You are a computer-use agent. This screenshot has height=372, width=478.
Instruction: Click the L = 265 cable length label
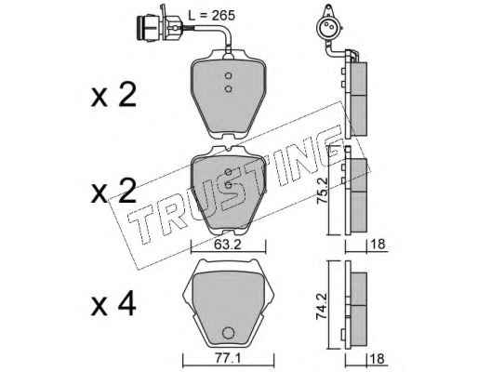tap(212, 15)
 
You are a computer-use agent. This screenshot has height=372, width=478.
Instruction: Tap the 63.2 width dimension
tap(228, 245)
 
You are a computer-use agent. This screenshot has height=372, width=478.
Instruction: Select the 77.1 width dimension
tap(228, 360)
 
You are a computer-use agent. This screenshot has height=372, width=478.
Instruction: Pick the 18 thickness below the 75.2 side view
tap(378, 245)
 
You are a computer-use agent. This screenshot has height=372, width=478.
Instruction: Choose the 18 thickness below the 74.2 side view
tap(378, 359)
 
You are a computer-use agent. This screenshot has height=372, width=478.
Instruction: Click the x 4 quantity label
tap(113, 304)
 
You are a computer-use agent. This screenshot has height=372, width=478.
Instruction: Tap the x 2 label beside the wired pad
tap(113, 95)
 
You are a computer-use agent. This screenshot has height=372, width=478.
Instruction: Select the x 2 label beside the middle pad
tap(113, 191)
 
